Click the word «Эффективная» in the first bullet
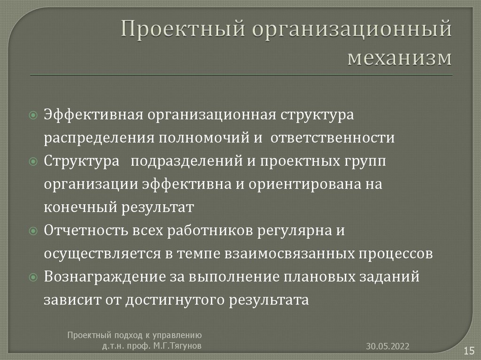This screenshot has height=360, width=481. coord(93,115)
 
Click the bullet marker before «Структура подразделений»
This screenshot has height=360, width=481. coord(33,161)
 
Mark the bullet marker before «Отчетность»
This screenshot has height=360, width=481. coord(33,231)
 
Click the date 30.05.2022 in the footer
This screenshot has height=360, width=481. coord(388,346)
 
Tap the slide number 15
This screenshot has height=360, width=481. coord(468,350)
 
